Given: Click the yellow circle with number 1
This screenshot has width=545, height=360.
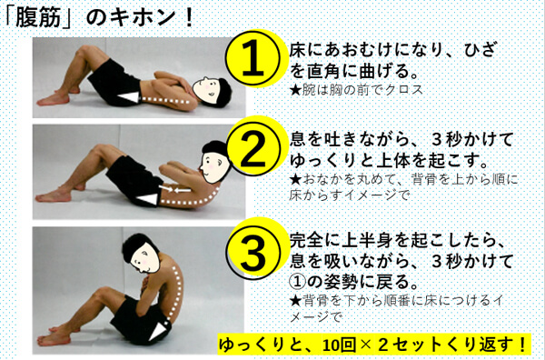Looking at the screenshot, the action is click(x=253, y=58).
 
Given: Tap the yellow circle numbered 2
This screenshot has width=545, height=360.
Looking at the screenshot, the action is click(x=253, y=149).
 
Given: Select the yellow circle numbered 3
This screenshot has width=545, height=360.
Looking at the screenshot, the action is click(x=253, y=251).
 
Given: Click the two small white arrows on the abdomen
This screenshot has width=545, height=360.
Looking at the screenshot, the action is click(x=174, y=190).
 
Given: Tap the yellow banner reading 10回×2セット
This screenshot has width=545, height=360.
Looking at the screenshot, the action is click(x=374, y=345).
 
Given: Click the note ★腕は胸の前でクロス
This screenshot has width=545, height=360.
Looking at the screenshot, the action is click(x=356, y=90).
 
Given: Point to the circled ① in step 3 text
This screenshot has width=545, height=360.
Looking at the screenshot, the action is click(x=298, y=281).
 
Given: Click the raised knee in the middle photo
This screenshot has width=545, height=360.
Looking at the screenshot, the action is click(x=99, y=150).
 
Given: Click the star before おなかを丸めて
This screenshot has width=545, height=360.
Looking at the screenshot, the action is click(x=295, y=180).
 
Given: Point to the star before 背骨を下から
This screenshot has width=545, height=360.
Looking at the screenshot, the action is click(x=295, y=300).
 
